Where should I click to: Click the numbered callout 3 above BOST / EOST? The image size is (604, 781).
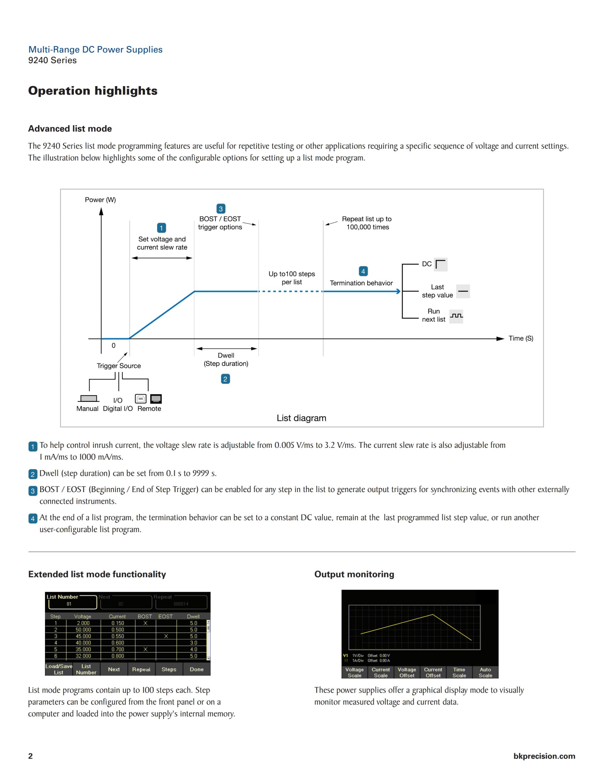pyautogui.click(x=221, y=209)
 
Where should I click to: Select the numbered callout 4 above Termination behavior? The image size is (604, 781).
pyautogui.click(x=363, y=271)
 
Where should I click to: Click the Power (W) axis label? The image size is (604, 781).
pyautogui.click(x=100, y=200)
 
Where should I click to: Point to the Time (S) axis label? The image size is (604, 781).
pyautogui.click(x=521, y=338)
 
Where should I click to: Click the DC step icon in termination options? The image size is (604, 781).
pyautogui.click(x=440, y=264)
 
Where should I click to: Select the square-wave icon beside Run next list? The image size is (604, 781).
pyautogui.click(x=456, y=316)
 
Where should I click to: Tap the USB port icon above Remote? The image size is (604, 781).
pyautogui.click(x=141, y=399)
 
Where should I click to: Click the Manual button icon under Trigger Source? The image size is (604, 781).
pyautogui.click(x=88, y=399)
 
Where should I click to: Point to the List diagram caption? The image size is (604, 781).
pyautogui.click(x=301, y=418)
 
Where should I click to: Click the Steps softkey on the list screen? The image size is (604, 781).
pyautogui.click(x=169, y=669)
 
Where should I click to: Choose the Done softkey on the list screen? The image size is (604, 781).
pyautogui.click(x=196, y=669)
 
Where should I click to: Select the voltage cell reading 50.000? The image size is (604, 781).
pyautogui.click(x=83, y=630)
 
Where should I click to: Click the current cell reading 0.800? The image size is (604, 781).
pyautogui.click(x=117, y=656)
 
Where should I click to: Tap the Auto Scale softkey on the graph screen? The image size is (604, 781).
pyautogui.click(x=485, y=672)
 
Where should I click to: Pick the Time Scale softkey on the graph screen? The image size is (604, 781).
pyautogui.click(x=459, y=672)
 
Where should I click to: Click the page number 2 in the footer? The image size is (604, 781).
pyautogui.click(x=31, y=756)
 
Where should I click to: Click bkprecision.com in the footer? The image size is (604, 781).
pyautogui.click(x=544, y=756)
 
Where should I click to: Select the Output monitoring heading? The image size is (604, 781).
pyautogui.click(x=354, y=574)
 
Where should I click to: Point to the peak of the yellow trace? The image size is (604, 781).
pyautogui.click(x=433, y=615)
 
